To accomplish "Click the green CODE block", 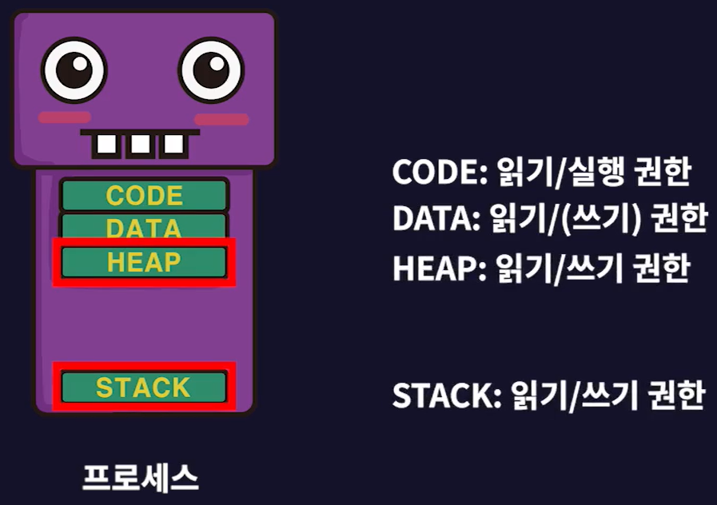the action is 144,195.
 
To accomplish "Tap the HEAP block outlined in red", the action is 144,262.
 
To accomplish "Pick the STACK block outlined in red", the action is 144,388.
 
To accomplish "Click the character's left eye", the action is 74,70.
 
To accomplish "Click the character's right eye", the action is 210,70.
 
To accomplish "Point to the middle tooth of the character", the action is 140,145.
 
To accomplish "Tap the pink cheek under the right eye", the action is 221,119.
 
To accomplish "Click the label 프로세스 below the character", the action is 140,478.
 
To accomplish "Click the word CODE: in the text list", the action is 439,172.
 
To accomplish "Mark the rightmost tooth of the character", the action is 173,145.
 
